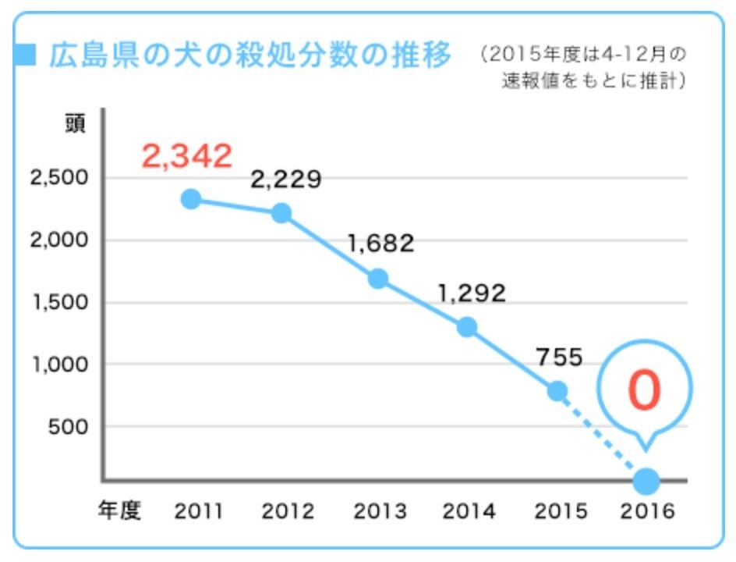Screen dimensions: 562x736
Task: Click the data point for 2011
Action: coord(190,199)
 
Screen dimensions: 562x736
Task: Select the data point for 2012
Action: coord(281,213)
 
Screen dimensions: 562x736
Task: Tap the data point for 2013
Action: coord(378,279)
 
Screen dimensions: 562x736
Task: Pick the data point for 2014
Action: coord(467,327)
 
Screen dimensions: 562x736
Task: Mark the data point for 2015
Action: coord(557,390)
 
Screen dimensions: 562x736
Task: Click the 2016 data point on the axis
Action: coord(646,481)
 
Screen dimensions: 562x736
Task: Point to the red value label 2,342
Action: coord(187,156)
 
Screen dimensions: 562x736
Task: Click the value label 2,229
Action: coord(285,180)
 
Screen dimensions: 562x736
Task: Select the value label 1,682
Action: coord(380,244)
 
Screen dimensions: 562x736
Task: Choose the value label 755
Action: coord(560,357)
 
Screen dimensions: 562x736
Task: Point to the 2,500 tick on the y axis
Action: coord(59,178)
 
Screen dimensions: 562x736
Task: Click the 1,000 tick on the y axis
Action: coord(59,365)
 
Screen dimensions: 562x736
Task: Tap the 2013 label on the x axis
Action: coord(380,511)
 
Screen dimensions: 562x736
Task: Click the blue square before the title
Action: coord(27,55)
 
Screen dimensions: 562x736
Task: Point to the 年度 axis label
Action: coord(119,511)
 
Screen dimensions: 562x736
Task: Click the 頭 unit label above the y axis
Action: coord(75,124)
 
